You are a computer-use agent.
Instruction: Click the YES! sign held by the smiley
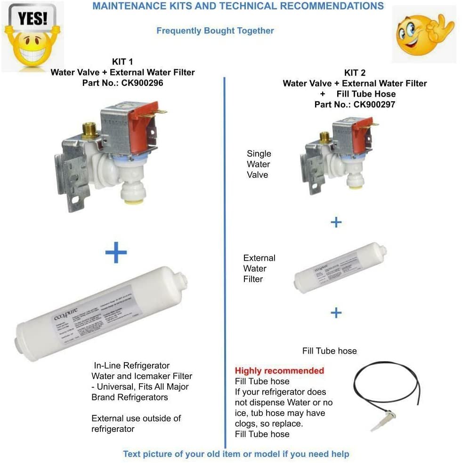pos(32,19)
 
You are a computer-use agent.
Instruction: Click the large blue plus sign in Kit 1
pos(116,253)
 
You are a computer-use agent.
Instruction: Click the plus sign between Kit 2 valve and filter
pos(336,222)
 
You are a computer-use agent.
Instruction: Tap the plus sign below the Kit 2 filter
pos(336,313)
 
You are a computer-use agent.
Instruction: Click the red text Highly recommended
pos(279,371)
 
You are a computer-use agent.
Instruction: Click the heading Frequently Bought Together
pos(215,31)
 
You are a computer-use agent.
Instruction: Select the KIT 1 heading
pos(122,62)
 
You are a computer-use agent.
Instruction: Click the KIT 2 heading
pos(355,73)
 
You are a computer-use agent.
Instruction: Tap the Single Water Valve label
pos(259,164)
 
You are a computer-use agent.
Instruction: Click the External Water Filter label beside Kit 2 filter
pos(259,268)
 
